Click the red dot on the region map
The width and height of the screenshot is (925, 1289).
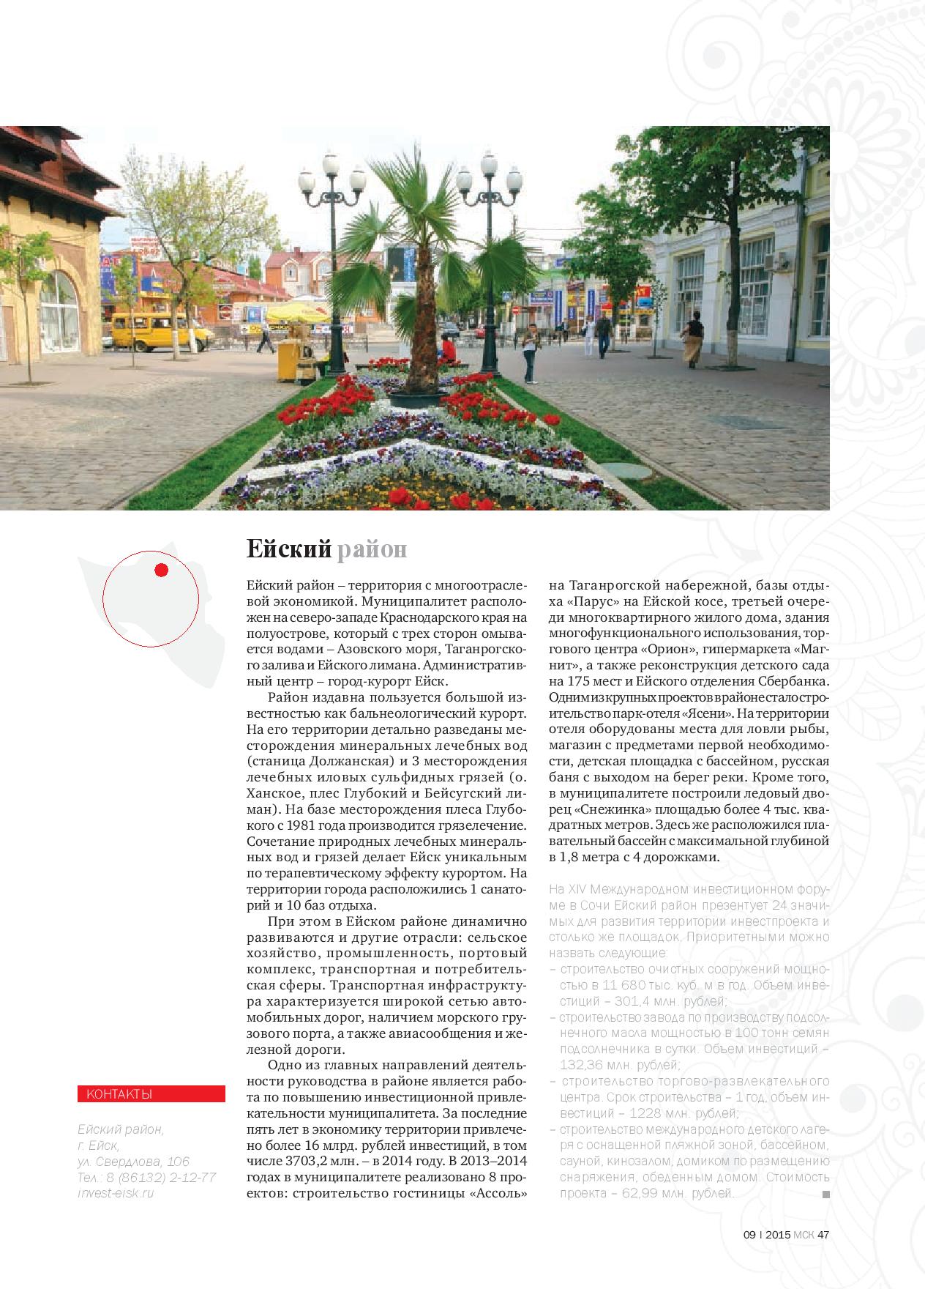point(162,570)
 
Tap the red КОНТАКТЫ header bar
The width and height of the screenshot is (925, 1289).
point(151,1094)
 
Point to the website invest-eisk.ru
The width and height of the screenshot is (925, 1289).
point(116,1193)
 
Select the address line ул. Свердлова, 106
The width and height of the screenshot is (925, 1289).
point(133,1162)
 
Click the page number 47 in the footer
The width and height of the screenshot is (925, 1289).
point(823,1234)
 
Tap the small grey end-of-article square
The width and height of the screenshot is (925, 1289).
point(826,1195)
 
